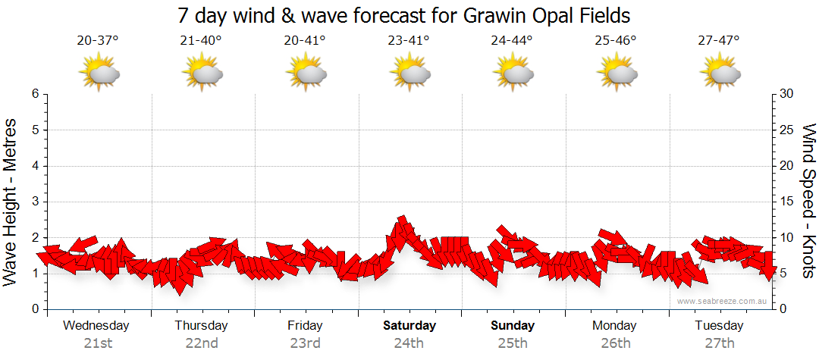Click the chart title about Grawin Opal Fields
[403, 15]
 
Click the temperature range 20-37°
[97, 41]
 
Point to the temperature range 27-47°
[718, 41]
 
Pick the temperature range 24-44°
[511, 41]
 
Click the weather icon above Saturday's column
[410, 73]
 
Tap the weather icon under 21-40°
[202, 73]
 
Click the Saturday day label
[409, 326]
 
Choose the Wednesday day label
[96, 326]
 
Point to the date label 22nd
[201, 343]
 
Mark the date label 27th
[719, 343]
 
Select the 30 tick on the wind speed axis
[788, 94]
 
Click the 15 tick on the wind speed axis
[787, 202]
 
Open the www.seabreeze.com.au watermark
[723, 301]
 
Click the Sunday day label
[513, 326]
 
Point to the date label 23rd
[305, 343]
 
